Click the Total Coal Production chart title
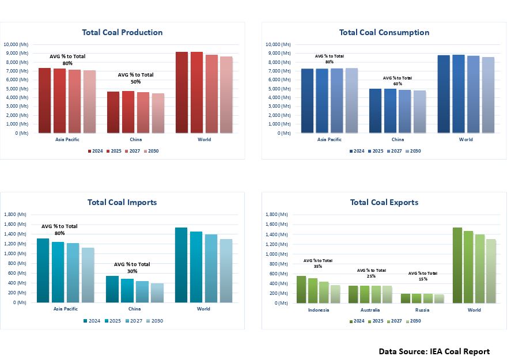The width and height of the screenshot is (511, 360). point(122,32)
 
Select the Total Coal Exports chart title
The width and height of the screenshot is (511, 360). point(384,202)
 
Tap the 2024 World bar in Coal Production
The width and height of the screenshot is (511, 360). point(182,92)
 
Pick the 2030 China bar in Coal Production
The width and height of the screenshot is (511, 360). point(158,113)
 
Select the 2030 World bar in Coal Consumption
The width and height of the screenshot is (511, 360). point(488,95)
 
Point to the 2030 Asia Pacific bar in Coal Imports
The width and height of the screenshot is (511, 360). point(88,275)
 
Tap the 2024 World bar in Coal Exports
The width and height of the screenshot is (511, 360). point(457,265)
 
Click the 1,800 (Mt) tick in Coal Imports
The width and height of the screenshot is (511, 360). point(16,214)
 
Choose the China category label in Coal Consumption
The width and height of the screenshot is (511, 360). point(398,139)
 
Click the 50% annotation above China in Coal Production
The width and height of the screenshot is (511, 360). point(136,82)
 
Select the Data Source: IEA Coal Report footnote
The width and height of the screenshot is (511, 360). point(434,351)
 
